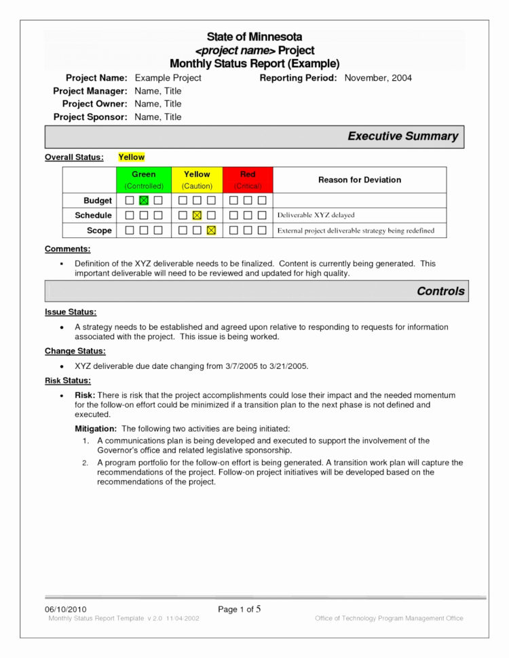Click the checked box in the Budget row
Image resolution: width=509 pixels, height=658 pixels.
(144, 201)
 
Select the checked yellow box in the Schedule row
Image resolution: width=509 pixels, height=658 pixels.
(197, 216)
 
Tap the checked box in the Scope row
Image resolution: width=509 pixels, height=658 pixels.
(211, 231)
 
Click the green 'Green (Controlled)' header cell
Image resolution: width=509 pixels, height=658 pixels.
(144, 180)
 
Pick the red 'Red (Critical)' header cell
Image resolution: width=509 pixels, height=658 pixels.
(248, 180)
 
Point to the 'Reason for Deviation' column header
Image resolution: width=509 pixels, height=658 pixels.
(360, 180)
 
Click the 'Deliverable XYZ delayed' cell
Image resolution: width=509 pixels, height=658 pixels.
(316, 216)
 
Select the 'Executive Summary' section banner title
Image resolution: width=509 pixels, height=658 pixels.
(402, 136)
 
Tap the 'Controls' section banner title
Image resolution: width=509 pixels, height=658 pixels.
(440, 291)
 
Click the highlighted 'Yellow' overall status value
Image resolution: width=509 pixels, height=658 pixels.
(131, 157)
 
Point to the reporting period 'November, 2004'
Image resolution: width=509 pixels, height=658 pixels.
(378, 78)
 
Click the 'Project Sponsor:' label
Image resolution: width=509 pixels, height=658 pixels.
(90, 117)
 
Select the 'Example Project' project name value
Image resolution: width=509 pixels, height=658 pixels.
(168, 78)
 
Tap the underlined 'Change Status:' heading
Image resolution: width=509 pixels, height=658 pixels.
(75, 351)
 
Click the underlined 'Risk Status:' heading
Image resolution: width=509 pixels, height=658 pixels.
(67, 381)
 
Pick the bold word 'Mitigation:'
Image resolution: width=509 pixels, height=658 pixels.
(96, 429)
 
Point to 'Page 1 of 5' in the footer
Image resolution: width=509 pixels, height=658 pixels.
(240, 609)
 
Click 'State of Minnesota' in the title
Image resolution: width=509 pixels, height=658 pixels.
(254, 37)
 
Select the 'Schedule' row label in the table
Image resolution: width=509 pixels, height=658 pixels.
(94, 216)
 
